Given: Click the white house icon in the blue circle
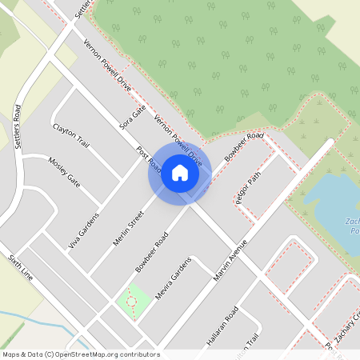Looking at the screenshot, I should click(180, 172).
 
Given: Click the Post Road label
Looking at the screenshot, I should click(149, 160).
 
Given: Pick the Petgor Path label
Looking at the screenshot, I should click(248, 192).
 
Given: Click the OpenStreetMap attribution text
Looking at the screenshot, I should click(80, 354).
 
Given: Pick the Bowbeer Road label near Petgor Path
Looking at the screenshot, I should click(244, 147).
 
